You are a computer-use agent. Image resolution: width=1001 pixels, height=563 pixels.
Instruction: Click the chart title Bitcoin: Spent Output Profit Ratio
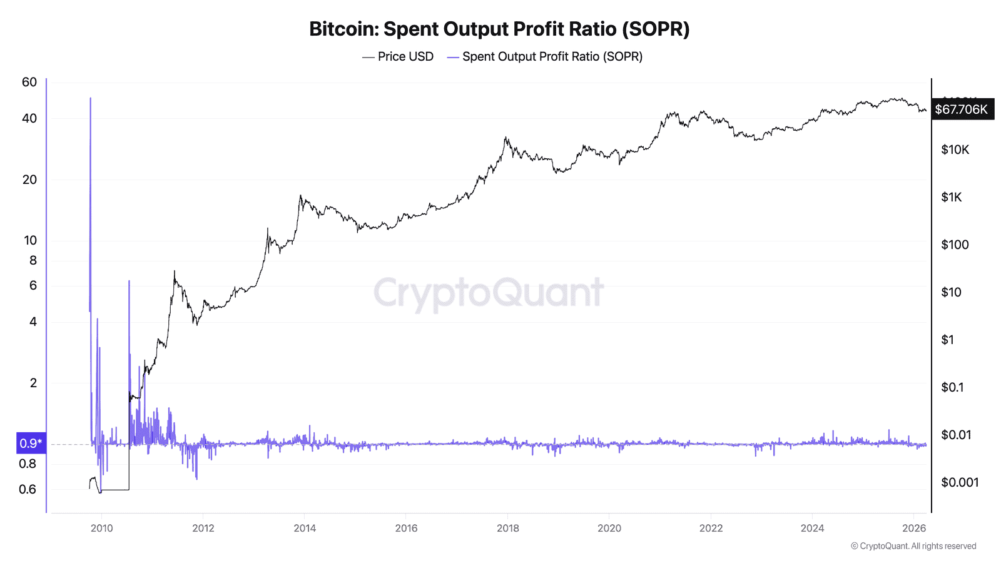pyautogui.click(x=499, y=29)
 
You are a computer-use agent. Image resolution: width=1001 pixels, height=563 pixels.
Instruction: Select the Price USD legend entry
pyautogui.click(x=398, y=57)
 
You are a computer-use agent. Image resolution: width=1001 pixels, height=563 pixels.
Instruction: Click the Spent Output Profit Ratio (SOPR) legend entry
pyautogui.click(x=544, y=57)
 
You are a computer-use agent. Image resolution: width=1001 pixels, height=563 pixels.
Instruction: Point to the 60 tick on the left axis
pyautogui.click(x=29, y=82)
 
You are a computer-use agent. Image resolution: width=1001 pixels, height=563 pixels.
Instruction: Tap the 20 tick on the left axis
pyautogui.click(x=29, y=180)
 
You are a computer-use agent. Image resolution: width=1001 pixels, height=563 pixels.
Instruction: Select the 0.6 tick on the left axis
pyautogui.click(x=28, y=489)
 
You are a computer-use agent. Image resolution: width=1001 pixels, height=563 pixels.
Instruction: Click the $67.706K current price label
pyautogui.click(x=961, y=109)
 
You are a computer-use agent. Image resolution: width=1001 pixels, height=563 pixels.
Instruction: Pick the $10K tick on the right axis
pyautogui.click(x=955, y=150)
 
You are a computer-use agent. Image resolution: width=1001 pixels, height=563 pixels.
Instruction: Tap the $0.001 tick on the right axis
pyautogui.click(x=960, y=482)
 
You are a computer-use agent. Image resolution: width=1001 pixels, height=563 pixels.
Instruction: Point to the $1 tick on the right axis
pyautogui.click(x=947, y=340)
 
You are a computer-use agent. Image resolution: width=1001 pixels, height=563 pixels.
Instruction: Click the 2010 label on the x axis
pyautogui.click(x=101, y=528)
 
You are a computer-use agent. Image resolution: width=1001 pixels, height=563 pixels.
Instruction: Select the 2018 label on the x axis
pyautogui.click(x=507, y=528)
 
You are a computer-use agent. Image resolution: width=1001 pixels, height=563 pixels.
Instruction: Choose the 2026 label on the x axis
pyautogui.click(x=914, y=528)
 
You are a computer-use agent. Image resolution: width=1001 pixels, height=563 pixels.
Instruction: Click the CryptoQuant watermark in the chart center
pyautogui.click(x=488, y=292)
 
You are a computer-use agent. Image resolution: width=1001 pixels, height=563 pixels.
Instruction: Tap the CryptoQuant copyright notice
pyautogui.click(x=913, y=546)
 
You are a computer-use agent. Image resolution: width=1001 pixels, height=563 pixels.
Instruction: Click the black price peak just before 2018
pyautogui.click(x=506, y=138)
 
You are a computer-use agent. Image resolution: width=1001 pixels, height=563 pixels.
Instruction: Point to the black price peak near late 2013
pyautogui.click(x=300, y=196)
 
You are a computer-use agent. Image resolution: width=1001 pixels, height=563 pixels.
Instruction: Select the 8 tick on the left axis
pyautogui.click(x=33, y=260)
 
